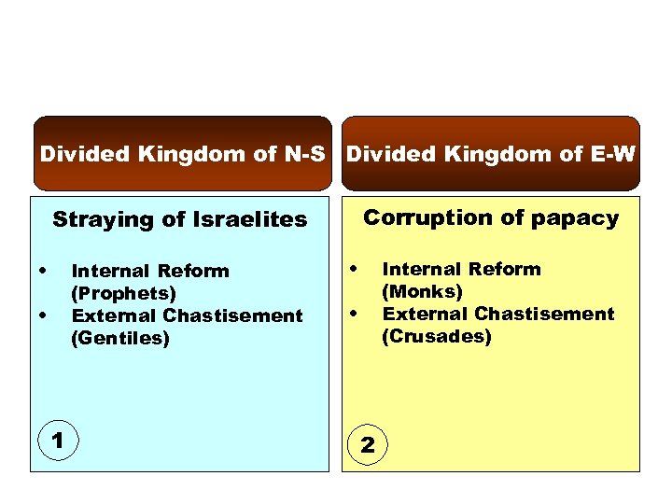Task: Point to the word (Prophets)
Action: (x=123, y=293)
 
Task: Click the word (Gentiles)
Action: (x=120, y=338)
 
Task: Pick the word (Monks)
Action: (x=422, y=291)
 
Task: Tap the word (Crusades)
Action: (x=436, y=336)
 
